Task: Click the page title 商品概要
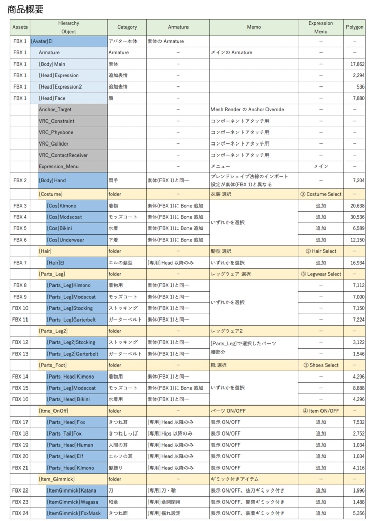click(25, 9)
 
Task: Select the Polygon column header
click(354, 27)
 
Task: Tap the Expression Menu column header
click(320, 27)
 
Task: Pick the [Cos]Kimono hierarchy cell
click(62, 206)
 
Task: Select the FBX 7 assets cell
click(20, 263)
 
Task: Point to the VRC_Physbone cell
click(56, 132)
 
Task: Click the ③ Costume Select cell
click(320, 194)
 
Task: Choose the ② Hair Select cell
click(320, 251)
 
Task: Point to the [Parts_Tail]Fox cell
click(64, 433)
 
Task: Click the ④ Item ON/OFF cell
click(320, 411)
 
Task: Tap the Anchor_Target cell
click(55, 109)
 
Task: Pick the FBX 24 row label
click(20, 513)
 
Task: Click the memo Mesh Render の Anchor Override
click(247, 109)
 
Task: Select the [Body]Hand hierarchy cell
click(52, 180)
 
